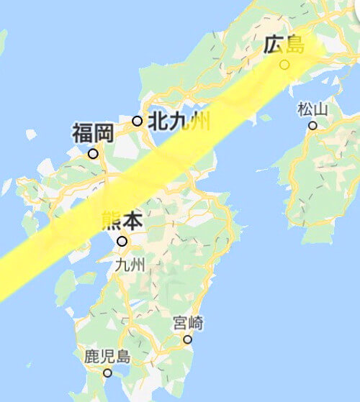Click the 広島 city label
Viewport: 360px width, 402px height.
284,45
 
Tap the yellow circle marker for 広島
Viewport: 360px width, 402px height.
284,65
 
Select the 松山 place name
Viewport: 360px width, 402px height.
312,109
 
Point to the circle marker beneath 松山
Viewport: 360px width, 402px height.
312,125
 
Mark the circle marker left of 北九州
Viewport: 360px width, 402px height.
137,121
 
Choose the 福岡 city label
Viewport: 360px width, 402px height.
93,134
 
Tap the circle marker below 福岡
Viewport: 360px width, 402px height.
93,153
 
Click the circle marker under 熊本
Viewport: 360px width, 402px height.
122,242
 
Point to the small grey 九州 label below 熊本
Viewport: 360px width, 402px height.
130,265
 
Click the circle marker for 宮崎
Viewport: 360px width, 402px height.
188,339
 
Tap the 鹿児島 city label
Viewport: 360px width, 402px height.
107,356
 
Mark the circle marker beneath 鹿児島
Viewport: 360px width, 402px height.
107,373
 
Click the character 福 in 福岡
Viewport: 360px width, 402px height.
82,134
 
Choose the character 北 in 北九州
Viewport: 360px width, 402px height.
157,121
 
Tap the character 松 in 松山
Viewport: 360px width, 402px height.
305,109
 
